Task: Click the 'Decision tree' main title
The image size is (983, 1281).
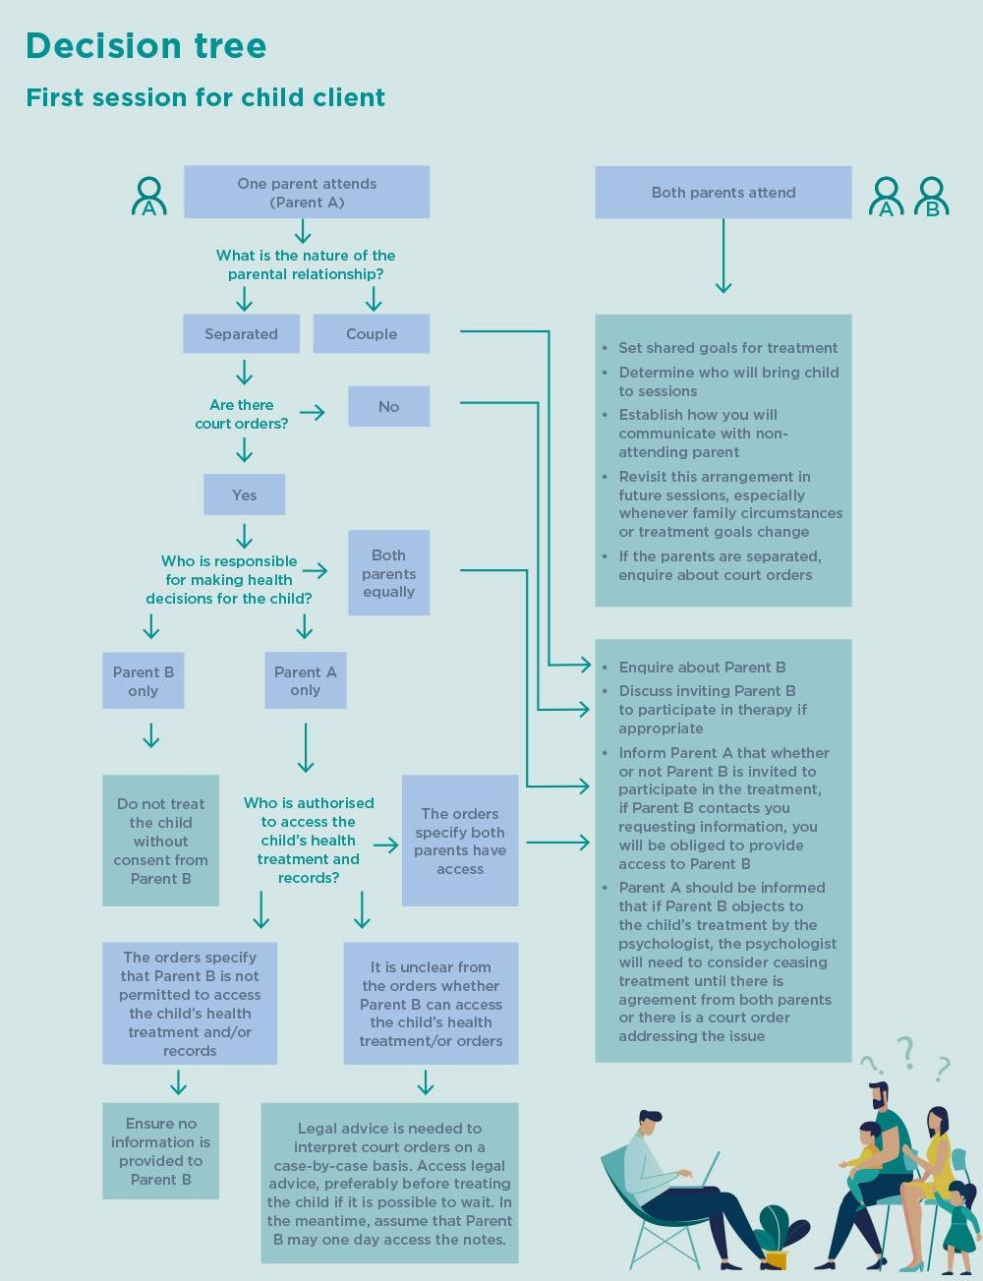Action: (145, 46)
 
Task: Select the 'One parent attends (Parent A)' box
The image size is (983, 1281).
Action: (307, 192)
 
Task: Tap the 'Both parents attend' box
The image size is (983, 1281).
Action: (723, 193)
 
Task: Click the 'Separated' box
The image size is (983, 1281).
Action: (241, 334)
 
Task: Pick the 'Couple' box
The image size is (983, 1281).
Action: (371, 334)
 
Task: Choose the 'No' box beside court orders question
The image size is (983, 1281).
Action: (388, 407)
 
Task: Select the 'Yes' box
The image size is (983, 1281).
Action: (244, 495)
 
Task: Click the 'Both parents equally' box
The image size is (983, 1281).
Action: (388, 574)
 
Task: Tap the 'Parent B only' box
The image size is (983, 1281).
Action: (143, 681)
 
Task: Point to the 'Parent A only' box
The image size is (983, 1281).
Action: (305, 681)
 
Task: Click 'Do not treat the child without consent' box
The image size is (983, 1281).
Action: (160, 842)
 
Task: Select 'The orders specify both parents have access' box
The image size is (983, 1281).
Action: (459, 842)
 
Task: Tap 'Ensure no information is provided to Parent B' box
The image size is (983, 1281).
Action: (160, 1151)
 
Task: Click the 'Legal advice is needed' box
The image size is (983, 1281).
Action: (389, 1184)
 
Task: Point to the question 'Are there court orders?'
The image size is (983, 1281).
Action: (241, 414)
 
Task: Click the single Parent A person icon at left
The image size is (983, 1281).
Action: (148, 197)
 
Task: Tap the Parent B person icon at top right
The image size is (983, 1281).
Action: (931, 197)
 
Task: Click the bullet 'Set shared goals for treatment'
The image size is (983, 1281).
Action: (727, 348)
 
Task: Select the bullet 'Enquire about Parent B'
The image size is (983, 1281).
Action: (702, 668)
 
